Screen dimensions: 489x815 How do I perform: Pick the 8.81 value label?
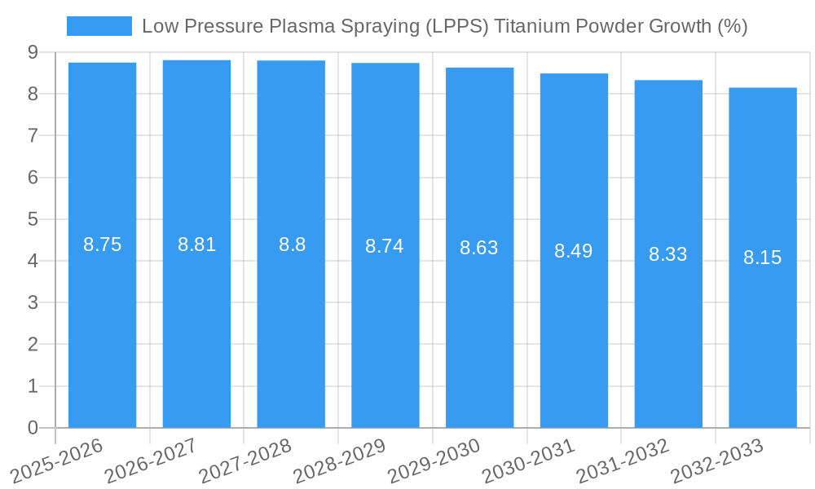point(196,244)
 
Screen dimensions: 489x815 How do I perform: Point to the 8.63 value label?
point(478,248)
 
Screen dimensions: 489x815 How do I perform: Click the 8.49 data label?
point(573,251)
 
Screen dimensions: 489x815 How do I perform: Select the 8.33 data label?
point(667,254)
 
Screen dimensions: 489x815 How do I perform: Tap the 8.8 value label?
point(292,244)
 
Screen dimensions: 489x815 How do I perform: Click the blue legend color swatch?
point(99,26)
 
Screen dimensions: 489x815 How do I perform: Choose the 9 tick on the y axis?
point(33,52)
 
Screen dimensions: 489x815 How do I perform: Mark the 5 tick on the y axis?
point(33,219)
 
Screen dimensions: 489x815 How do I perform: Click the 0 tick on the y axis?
point(33,428)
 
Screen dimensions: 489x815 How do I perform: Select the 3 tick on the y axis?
point(33,302)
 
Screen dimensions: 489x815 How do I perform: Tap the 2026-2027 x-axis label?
point(152,461)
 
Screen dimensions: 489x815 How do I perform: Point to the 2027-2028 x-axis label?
point(245,461)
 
